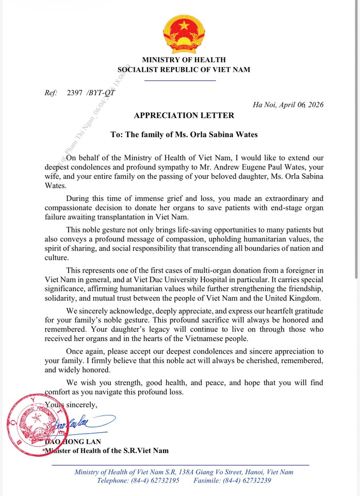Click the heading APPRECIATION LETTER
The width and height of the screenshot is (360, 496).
(x=184, y=115)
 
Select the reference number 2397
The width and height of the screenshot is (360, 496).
(x=75, y=93)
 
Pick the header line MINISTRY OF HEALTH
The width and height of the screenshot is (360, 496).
(x=184, y=60)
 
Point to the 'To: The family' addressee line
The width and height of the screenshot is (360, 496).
(x=184, y=135)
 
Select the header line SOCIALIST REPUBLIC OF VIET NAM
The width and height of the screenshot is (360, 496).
(x=184, y=70)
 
